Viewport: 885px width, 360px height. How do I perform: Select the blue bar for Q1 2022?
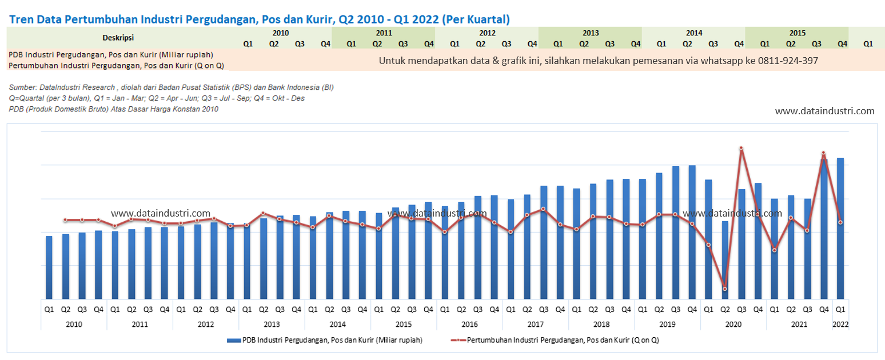[x=840, y=229]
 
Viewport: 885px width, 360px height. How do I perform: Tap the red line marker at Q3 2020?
[x=741, y=149]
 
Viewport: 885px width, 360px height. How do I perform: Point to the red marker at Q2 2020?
[x=725, y=289]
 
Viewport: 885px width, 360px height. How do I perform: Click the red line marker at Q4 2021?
[x=823, y=153]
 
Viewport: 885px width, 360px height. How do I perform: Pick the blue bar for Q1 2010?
[x=49, y=267]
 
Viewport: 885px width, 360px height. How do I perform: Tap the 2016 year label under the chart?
[x=469, y=324]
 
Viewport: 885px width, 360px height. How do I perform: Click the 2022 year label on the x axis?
[x=840, y=324]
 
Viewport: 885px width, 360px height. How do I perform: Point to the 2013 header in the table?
[x=591, y=33]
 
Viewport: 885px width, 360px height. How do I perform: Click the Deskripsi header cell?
[x=118, y=38]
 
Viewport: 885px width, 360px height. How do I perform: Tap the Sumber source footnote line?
[x=172, y=87]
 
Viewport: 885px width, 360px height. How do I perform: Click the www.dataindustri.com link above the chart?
[x=824, y=111]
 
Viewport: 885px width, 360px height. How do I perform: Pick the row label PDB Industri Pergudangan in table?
[x=111, y=55]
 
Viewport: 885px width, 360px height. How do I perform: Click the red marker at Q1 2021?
[x=774, y=250]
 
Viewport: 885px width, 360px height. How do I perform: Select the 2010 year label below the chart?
[x=74, y=324]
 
